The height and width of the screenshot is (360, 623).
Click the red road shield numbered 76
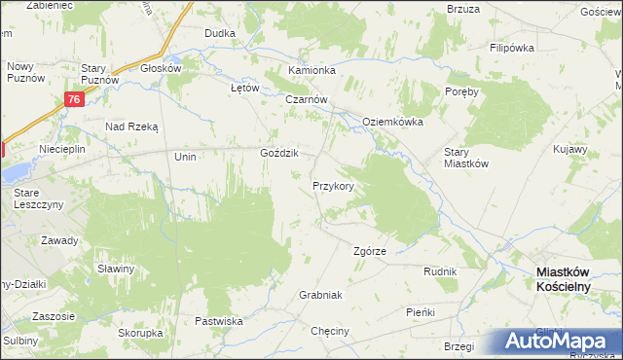[x=74, y=99]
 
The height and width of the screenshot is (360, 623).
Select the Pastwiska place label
[x=218, y=320]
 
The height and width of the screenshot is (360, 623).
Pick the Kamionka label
[x=311, y=71]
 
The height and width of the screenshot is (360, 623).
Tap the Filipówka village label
[x=515, y=48]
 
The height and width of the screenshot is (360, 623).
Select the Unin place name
[x=185, y=157]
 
